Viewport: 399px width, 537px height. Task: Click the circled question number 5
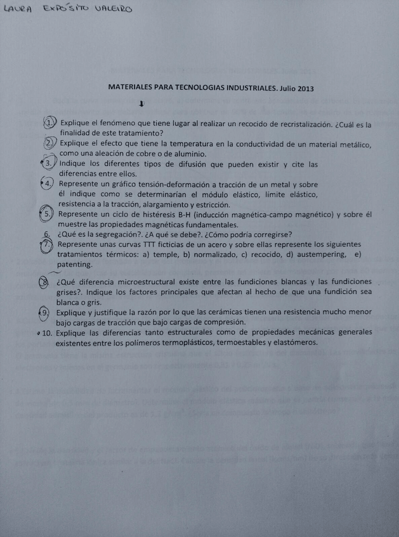pos(48,214)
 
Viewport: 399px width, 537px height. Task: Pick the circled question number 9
pos(46,313)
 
